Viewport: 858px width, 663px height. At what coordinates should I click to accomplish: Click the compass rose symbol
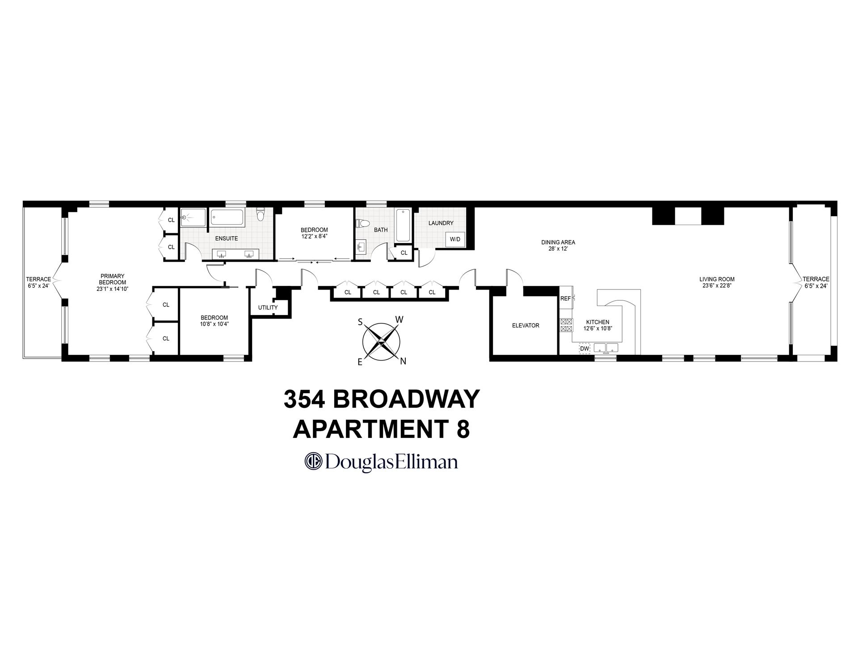pos(381,342)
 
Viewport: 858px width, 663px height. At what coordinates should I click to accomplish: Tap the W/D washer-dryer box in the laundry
pos(455,239)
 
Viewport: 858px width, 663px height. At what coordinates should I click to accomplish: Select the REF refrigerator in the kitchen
pos(565,298)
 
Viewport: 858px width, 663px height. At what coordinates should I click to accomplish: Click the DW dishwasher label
pos(584,348)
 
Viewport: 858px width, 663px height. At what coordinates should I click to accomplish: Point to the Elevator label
pos(526,326)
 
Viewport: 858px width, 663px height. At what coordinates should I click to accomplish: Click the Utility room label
pos(268,307)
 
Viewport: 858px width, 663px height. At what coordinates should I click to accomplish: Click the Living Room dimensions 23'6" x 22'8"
pos(717,285)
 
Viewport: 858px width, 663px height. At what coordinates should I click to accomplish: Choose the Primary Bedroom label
pos(112,279)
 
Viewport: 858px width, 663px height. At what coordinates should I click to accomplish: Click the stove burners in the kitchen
pos(566,325)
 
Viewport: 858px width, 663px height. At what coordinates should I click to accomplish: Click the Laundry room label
pos(441,223)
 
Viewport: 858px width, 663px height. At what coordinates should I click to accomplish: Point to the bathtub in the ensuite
pos(227,218)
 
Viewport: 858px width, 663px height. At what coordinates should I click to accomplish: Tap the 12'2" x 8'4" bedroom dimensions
pos(314,236)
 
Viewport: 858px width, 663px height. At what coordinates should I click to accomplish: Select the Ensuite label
pos(227,239)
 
